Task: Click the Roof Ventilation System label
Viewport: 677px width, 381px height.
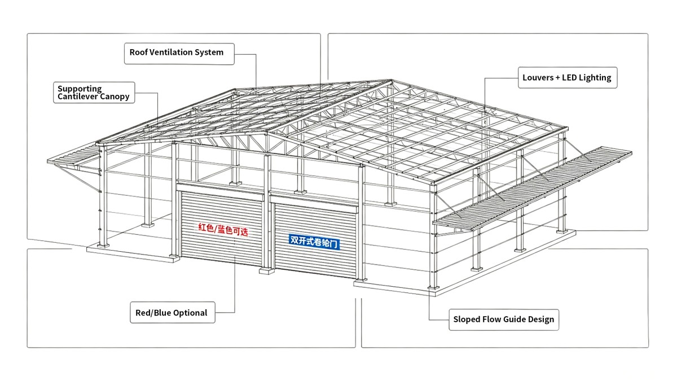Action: tap(179, 54)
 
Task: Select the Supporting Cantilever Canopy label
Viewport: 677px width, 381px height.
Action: tap(94, 93)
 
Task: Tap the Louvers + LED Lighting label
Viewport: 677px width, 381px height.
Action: tap(568, 78)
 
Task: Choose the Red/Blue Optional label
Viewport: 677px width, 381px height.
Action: tap(173, 312)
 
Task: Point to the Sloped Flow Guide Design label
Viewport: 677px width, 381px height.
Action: tap(504, 319)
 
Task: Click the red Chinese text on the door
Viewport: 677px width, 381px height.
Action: tap(223, 230)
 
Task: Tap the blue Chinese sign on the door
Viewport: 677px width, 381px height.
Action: tap(314, 242)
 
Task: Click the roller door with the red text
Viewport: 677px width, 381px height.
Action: tap(221, 228)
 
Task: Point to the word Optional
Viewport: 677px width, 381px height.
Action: tap(192, 313)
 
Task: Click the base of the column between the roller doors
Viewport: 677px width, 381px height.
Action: tap(267, 270)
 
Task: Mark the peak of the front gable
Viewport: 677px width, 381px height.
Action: tap(266, 133)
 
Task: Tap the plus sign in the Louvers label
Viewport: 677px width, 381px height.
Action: tap(557, 78)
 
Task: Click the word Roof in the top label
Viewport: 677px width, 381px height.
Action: tap(138, 52)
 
